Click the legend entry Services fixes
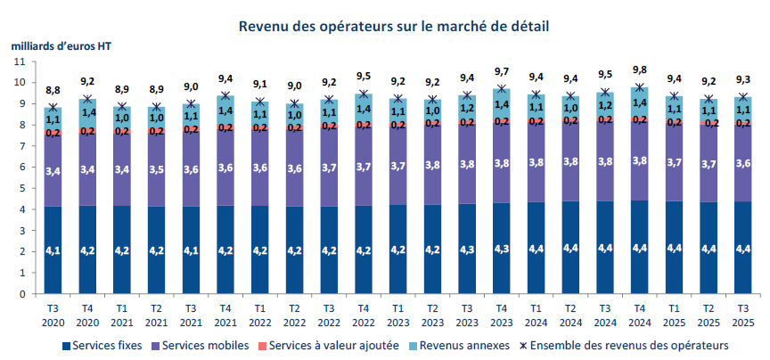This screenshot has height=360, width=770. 97,344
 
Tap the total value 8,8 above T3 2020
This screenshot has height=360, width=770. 53,90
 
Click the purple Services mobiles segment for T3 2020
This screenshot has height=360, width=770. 53,169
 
